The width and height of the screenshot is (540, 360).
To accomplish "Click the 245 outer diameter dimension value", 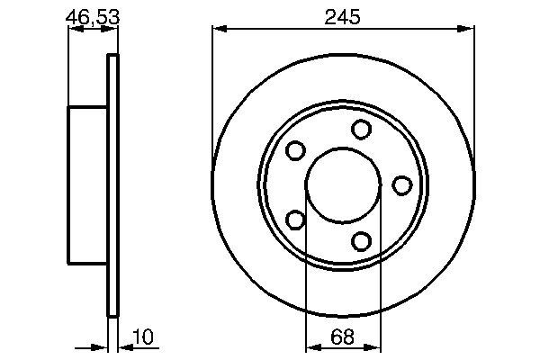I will click(344, 16).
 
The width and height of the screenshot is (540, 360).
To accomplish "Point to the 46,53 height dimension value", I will click(93, 16).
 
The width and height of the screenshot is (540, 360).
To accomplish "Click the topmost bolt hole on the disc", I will click(362, 130).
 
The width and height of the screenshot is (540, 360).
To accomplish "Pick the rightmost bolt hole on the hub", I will click(401, 185).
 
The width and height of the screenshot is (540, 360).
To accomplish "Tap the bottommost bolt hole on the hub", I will click(361, 241).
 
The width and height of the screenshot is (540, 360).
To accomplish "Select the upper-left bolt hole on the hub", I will click(295, 151).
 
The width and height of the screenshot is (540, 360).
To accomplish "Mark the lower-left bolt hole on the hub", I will click(295, 220).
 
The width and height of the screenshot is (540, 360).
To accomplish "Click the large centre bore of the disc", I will click(343, 185).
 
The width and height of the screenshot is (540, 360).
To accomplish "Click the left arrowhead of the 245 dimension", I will click(217, 31).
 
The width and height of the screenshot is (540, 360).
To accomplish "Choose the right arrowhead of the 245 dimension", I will click(470, 31).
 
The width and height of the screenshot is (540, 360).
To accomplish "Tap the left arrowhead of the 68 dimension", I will click(311, 347).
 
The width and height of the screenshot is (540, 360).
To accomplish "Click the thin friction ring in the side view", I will click(113, 185).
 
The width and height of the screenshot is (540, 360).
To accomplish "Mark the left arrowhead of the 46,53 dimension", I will click(74, 31).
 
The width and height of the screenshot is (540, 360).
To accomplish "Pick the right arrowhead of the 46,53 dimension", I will click(113, 31).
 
